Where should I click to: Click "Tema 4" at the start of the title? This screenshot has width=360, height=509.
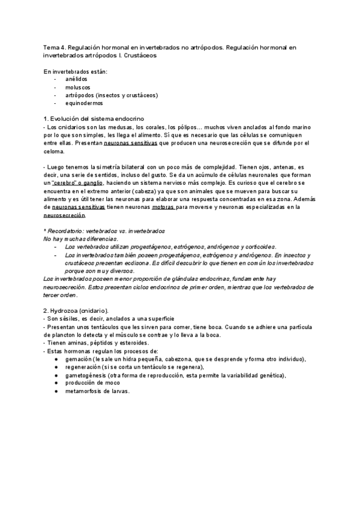[54, 47]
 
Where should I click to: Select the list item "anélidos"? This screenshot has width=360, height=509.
[76, 79]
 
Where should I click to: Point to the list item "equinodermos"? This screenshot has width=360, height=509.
[83, 103]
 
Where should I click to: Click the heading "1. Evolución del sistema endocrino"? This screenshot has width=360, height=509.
[94, 119]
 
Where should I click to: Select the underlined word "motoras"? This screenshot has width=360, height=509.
[160, 206]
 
